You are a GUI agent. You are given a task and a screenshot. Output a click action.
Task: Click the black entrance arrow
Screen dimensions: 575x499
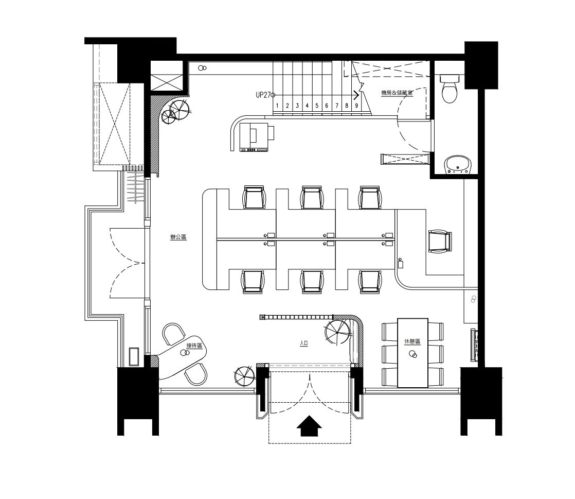(309, 426)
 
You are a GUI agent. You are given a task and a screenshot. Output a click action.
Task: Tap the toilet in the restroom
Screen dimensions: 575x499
(449, 88)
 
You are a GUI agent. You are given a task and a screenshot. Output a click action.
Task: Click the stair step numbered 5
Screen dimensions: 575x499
(317, 106)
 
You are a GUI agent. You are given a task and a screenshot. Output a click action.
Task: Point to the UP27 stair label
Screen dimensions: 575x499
(263, 95)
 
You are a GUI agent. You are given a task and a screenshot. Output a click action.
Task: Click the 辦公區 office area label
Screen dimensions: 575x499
(178, 237)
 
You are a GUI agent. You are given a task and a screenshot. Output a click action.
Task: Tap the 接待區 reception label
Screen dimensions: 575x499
(194, 346)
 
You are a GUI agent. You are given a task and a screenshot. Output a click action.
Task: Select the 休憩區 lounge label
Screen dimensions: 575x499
(412, 341)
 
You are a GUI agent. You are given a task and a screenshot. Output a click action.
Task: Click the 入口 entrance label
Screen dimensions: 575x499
(304, 343)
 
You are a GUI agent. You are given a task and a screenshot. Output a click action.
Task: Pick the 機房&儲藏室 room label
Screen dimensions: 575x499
(397, 93)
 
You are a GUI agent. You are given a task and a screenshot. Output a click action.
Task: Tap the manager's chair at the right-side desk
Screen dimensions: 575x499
(440, 241)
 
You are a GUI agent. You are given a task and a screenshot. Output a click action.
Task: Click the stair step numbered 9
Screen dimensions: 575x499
(356, 106)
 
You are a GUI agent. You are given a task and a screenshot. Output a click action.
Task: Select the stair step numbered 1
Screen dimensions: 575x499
(277, 106)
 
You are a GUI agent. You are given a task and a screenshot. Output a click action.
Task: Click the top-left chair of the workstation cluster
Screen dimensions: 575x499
(254, 197)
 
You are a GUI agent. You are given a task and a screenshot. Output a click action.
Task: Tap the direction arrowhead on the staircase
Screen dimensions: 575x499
(356, 95)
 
